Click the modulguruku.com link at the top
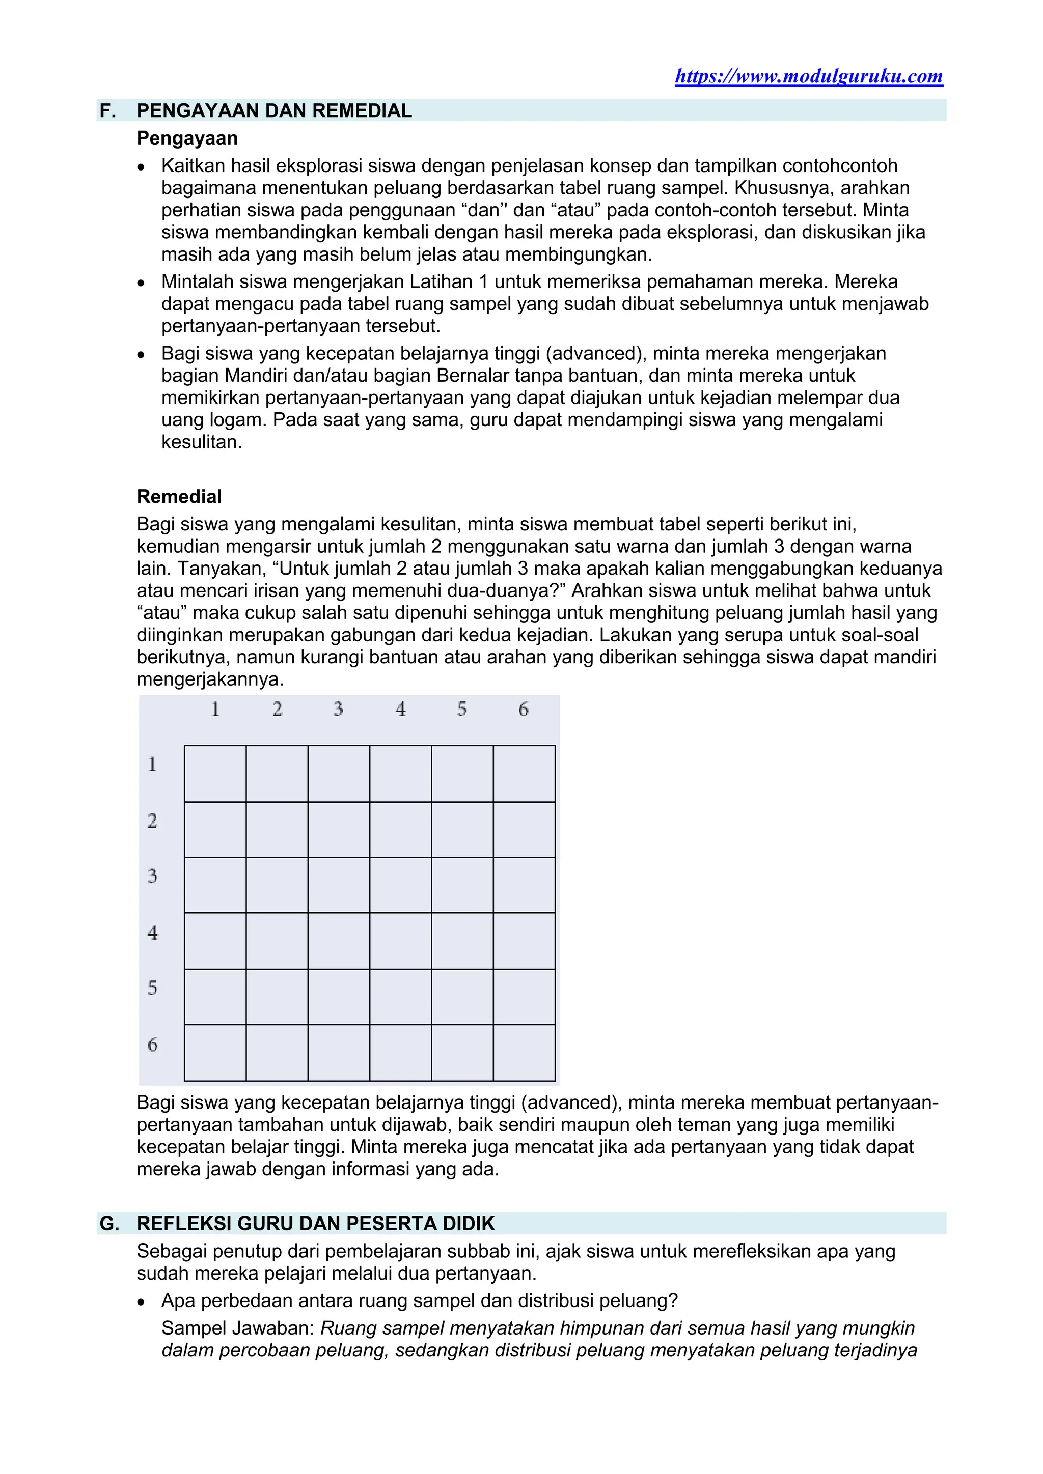click(x=809, y=76)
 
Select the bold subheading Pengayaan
click(x=187, y=138)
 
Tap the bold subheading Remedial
click(x=179, y=496)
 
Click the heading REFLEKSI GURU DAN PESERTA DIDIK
click(x=315, y=1224)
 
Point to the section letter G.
click(x=109, y=1224)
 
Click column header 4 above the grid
click(x=400, y=710)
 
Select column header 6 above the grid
click(x=524, y=710)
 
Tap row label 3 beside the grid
click(x=152, y=876)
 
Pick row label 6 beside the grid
click(x=152, y=1044)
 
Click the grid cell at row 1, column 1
click(x=215, y=774)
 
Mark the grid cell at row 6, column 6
click(x=524, y=1053)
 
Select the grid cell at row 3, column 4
click(x=400, y=885)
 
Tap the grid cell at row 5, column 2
click(x=277, y=997)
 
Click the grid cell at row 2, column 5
click(x=462, y=830)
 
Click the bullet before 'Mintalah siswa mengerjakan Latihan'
click(x=141, y=283)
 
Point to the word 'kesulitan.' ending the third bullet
click(x=202, y=442)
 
